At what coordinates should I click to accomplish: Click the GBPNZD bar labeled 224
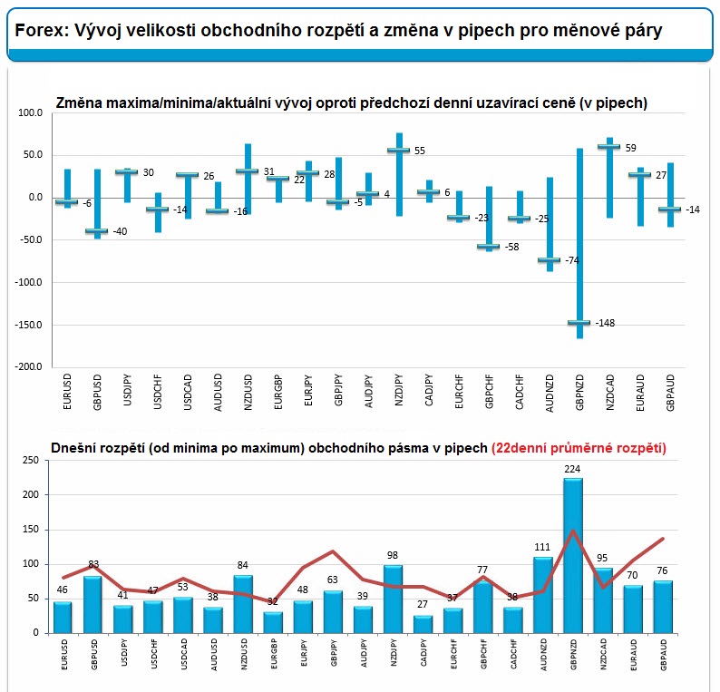click(x=573, y=556)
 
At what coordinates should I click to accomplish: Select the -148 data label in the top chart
click(x=605, y=323)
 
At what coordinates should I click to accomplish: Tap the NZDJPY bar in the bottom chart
click(x=393, y=599)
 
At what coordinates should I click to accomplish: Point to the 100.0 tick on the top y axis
click(x=30, y=113)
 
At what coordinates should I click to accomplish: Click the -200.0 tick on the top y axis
click(x=28, y=367)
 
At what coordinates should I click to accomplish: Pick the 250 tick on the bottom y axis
click(x=31, y=460)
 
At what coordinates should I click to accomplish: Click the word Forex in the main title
click(x=42, y=31)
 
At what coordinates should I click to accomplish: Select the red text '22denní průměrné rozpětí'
click(x=579, y=448)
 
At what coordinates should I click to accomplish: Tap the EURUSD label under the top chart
click(x=67, y=392)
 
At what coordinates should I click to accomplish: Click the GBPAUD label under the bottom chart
click(x=664, y=654)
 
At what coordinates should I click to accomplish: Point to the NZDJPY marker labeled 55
click(x=399, y=151)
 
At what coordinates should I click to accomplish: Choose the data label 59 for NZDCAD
click(x=630, y=148)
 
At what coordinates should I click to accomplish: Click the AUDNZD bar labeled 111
click(x=543, y=595)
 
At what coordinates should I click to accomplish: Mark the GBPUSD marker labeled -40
click(x=97, y=231)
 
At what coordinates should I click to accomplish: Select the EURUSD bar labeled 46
click(x=63, y=618)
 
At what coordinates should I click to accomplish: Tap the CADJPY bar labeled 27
click(x=423, y=625)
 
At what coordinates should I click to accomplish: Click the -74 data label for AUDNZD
click(x=572, y=260)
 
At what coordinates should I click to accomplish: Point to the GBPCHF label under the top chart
click(x=489, y=392)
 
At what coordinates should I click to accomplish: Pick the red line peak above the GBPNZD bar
click(x=573, y=531)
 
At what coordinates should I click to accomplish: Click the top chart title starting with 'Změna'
click(x=351, y=102)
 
